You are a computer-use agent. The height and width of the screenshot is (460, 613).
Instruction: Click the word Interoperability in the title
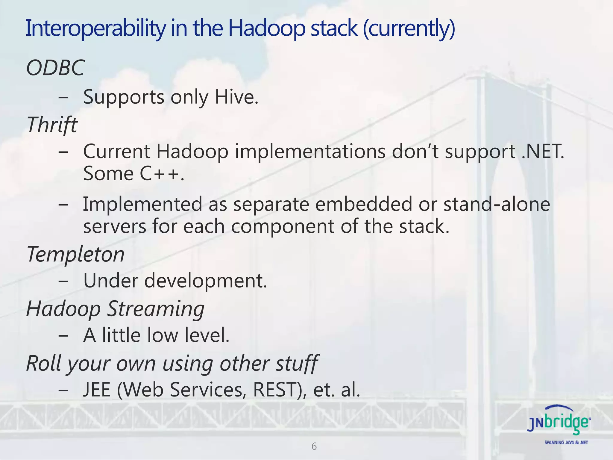coord(95,28)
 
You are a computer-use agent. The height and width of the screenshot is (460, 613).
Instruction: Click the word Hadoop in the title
coord(266,28)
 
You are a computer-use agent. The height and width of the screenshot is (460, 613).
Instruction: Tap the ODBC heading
coord(56,68)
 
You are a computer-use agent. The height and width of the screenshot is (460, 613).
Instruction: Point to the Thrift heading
coord(52,125)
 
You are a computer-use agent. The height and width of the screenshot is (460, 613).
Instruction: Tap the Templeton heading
coord(75,254)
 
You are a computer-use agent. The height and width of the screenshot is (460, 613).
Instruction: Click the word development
coord(205,281)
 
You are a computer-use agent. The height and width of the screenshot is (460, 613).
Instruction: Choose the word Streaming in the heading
coord(156,308)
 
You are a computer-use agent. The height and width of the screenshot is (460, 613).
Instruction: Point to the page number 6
coord(314,446)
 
